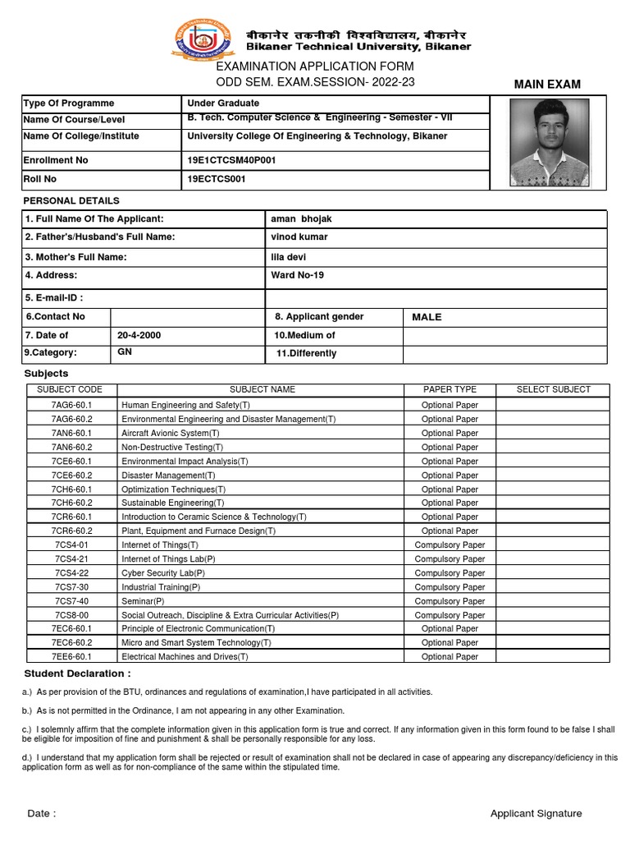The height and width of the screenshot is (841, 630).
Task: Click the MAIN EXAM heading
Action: click(547, 85)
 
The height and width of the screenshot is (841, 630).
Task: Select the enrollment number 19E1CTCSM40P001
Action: click(231, 160)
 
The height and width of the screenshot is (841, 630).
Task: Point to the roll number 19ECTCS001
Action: click(217, 179)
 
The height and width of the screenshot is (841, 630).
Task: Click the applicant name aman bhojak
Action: click(301, 219)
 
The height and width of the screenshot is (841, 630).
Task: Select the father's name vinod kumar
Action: click(299, 237)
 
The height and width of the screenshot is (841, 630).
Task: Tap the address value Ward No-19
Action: click(297, 275)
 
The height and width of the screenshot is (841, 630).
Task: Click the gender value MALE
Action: click(427, 317)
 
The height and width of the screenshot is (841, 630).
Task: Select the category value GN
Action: click(125, 352)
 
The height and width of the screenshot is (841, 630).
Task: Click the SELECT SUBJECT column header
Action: click(553, 390)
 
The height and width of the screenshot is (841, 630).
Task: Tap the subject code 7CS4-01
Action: click(71, 545)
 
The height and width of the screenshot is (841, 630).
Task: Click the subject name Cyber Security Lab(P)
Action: click(163, 573)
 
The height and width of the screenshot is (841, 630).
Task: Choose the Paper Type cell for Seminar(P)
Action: click(450, 601)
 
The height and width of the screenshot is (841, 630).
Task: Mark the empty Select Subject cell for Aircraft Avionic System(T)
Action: click(553, 433)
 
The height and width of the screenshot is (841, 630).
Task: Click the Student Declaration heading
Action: click(76, 673)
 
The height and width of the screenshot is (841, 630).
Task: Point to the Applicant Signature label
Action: click(536, 814)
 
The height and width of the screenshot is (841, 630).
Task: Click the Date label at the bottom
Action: click(42, 814)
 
